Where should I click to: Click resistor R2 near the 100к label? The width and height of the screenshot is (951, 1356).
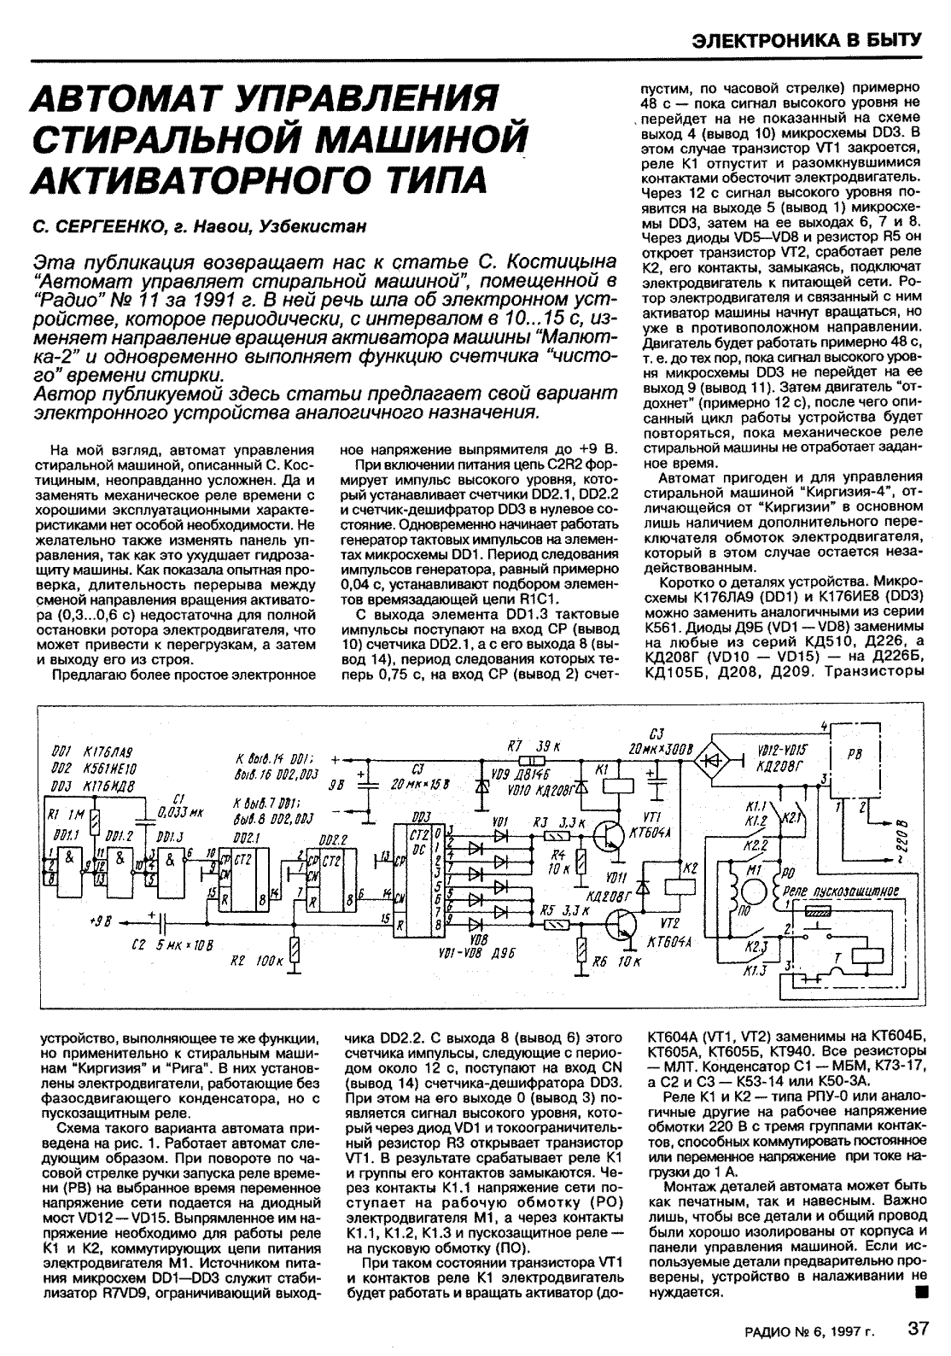[295, 950]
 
